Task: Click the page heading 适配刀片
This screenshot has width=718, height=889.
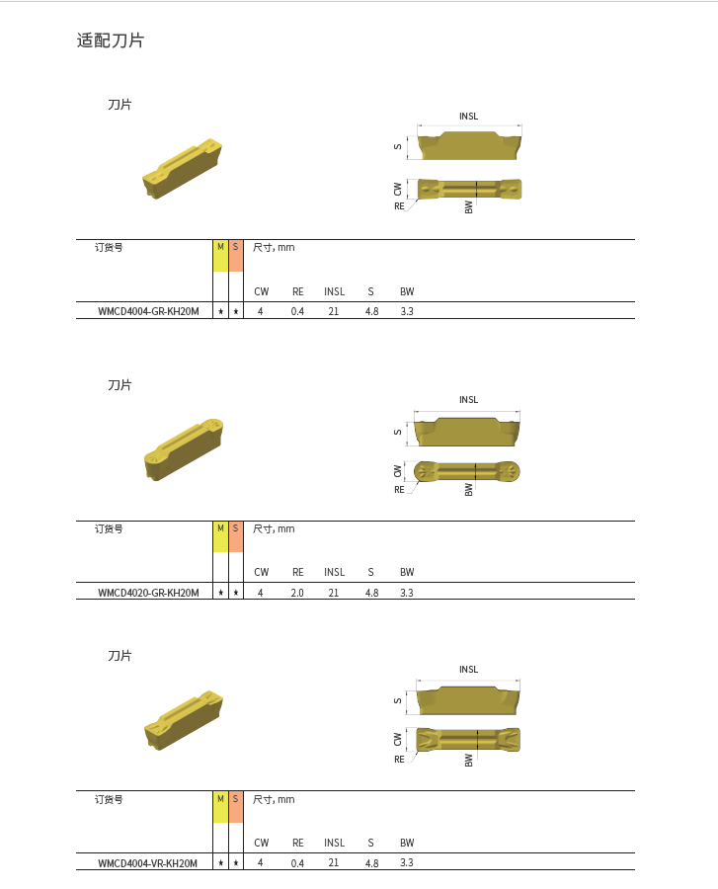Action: (111, 41)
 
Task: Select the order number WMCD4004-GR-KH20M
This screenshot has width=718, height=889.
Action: (148, 311)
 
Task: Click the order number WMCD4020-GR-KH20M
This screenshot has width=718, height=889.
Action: (148, 593)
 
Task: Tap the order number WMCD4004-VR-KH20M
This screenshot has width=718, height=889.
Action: (148, 862)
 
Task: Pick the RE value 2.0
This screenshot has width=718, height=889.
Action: (297, 593)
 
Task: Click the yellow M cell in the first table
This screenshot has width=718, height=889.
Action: (220, 255)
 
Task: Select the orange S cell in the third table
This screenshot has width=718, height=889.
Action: (235, 807)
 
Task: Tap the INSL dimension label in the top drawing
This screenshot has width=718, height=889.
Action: (468, 117)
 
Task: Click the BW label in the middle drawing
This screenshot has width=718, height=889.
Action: (469, 488)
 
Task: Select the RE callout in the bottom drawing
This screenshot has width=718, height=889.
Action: (400, 759)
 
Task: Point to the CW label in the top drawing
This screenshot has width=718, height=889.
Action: (398, 187)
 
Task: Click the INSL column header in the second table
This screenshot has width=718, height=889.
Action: (334, 572)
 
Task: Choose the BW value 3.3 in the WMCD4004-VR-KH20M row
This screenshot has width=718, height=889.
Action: (407, 862)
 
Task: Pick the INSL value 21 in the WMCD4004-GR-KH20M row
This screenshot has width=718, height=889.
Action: (334, 311)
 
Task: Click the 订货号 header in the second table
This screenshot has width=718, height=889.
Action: (109, 528)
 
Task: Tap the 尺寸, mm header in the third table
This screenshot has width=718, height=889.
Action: (274, 799)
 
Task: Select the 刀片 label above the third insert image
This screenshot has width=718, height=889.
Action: (120, 656)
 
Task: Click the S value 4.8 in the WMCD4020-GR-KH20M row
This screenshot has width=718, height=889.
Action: (371, 593)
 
